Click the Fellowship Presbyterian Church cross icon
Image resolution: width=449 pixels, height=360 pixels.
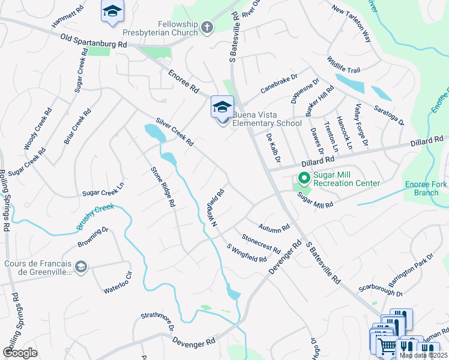207,27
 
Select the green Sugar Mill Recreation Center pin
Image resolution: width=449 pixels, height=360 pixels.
304,178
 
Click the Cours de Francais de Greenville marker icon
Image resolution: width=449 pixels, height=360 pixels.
81,266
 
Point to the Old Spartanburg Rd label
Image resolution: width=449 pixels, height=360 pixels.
95,41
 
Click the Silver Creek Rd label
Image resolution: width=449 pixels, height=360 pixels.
174,131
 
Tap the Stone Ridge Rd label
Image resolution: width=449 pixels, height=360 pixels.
163,187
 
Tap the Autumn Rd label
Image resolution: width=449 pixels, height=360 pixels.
274,227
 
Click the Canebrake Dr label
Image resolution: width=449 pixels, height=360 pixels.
279,85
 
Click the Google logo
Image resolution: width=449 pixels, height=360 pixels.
20,353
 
